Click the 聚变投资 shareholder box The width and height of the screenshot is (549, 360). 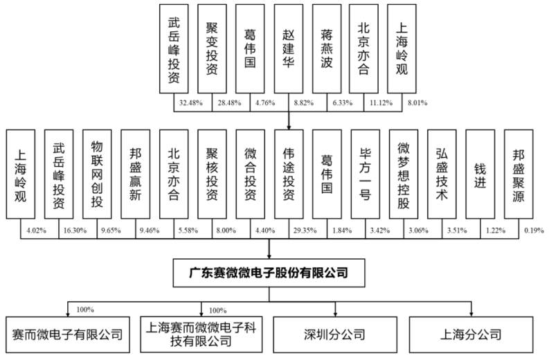[x=212, y=48]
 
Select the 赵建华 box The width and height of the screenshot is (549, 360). [x=289, y=48]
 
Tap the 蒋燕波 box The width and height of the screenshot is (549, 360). [x=327, y=48]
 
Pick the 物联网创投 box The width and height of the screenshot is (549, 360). [x=97, y=174]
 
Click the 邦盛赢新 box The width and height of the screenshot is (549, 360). [x=135, y=174]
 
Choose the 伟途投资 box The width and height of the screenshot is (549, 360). [x=289, y=174]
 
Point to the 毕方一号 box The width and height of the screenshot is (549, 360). [x=365, y=174]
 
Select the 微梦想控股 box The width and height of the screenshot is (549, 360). [x=404, y=174]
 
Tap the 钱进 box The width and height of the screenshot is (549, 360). [x=480, y=174]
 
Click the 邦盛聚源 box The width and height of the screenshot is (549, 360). [x=519, y=174]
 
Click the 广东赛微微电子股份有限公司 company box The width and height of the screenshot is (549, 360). [x=269, y=273]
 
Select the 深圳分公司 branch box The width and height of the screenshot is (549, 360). [x=335, y=334]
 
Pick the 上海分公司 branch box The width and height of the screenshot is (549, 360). [x=471, y=334]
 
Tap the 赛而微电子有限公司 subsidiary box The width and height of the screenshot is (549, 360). [x=68, y=334]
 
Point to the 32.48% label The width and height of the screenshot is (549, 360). [x=191, y=103]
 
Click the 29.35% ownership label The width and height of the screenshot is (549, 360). [x=305, y=231]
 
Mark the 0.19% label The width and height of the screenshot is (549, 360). [x=534, y=231]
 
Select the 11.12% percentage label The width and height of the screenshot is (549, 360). [x=381, y=103]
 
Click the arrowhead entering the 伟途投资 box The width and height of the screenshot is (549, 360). [x=289, y=127]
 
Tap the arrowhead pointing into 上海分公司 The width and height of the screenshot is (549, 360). [x=471, y=314]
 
